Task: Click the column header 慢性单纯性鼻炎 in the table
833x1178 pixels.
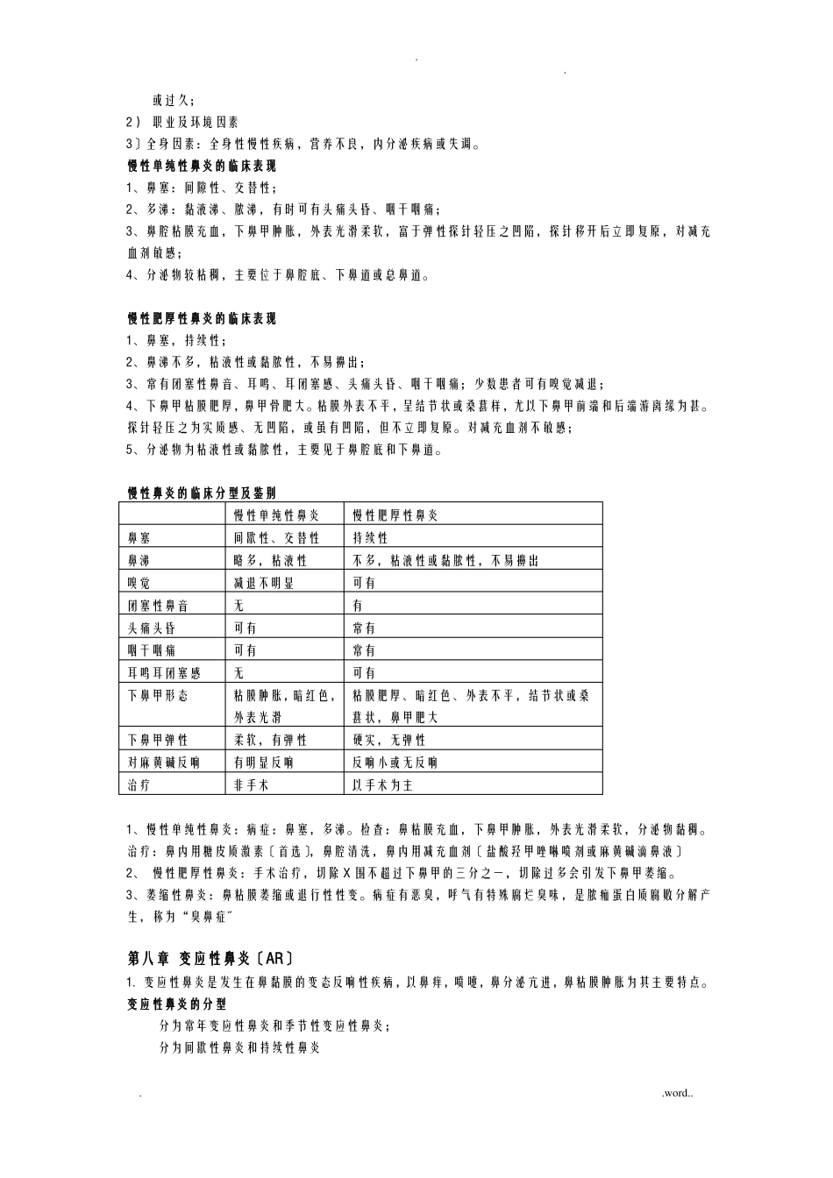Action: click(x=276, y=514)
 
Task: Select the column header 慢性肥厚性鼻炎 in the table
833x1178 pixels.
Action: click(x=395, y=514)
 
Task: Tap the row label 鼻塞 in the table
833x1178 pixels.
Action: click(x=139, y=537)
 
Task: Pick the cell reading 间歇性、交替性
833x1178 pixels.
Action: click(x=276, y=537)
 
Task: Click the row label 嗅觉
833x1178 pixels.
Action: click(x=139, y=583)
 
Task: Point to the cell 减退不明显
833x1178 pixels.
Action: click(x=264, y=583)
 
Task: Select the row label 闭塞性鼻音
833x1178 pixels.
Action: click(x=158, y=606)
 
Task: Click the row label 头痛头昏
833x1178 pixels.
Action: click(x=152, y=628)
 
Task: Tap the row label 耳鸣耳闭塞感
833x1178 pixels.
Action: click(x=164, y=673)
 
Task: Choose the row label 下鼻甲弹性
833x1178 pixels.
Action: click(x=158, y=740)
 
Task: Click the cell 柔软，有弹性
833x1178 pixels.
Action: click(x=270, y=740)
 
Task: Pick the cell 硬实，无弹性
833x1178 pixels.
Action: click(x=388, y=740)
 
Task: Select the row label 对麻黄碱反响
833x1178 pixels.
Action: click(x=164, y=763)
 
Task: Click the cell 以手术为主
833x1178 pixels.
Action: click(x=382, y=785)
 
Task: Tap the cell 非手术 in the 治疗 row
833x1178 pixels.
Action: click(x=252, y=785)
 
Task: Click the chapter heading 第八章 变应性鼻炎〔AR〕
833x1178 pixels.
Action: click(x=210, y=957)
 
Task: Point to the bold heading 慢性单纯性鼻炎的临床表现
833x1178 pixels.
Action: click(x=203, y=166)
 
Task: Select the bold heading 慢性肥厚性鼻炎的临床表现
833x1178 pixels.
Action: click(x=203, y=319)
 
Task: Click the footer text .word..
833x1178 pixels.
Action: click(x=677, y=1093)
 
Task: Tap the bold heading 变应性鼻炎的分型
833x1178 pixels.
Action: click(x=177, y=1004)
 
